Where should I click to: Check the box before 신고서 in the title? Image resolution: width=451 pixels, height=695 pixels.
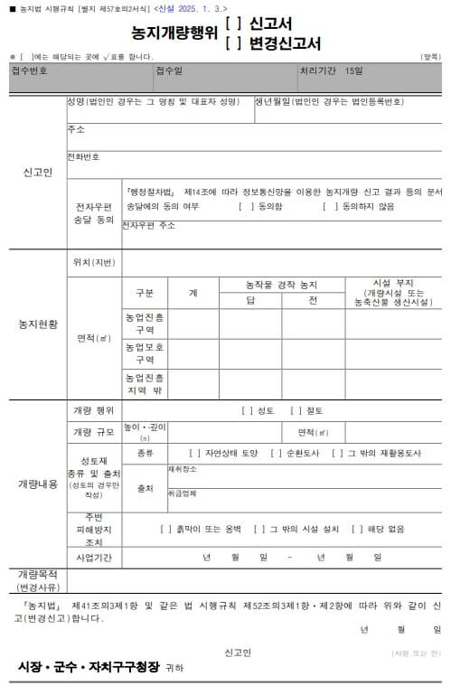(x=231, y=25)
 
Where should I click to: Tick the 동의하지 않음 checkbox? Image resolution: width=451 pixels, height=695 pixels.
(x=329, y=206)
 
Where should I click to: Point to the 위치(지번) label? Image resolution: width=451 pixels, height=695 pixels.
(x=93, y=262)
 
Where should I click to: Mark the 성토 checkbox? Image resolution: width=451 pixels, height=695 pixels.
(x=247, y=410)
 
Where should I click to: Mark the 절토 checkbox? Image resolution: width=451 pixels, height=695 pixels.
(x=295, y=410)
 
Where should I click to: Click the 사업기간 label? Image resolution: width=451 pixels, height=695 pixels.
(x=93, y=558)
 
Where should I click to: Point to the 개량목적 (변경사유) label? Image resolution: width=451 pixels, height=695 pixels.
(x=37, y=580)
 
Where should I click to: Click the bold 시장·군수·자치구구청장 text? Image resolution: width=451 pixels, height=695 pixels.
(x=88, y=667)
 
